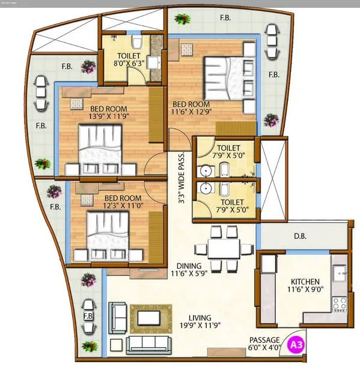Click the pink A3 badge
coord(296,345)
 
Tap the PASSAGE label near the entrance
coord(264,340)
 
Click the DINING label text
coord(189,265)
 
